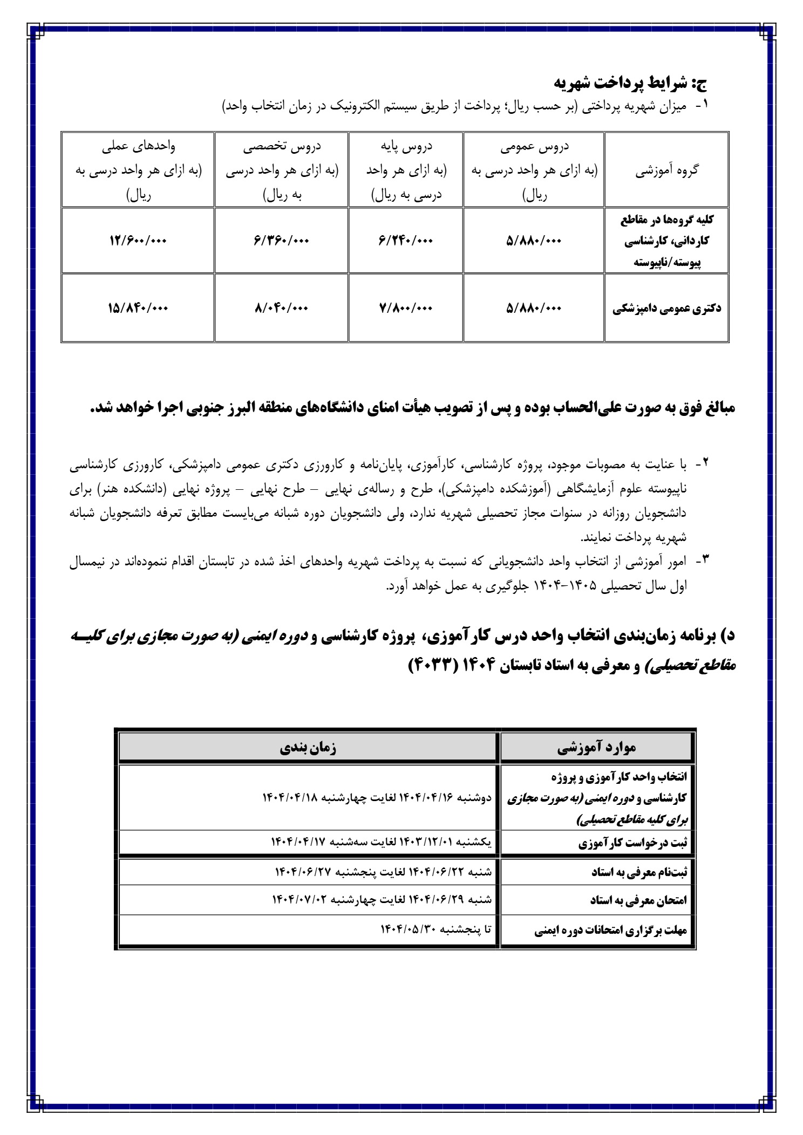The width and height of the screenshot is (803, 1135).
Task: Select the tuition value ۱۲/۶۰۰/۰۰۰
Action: pos(138,241)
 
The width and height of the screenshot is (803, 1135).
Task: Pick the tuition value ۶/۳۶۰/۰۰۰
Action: pos(281,241)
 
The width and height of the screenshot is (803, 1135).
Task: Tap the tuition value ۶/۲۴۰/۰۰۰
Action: pos(406,241)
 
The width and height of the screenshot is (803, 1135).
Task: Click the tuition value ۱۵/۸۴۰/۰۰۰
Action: pos(138,308)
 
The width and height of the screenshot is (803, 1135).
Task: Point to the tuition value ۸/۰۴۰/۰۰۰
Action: pos(281,308)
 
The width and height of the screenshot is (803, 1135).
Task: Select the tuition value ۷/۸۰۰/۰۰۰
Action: pos(406,308)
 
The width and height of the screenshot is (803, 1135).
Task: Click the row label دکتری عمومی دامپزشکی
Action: pos(666,309)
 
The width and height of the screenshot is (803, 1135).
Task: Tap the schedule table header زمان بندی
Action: pos(308,748)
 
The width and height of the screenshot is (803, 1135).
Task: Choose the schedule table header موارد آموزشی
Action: pos(596,748)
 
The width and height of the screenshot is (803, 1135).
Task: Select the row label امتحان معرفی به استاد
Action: pos(639,900)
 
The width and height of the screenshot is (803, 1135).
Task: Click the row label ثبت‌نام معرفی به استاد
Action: pos(639,872)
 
